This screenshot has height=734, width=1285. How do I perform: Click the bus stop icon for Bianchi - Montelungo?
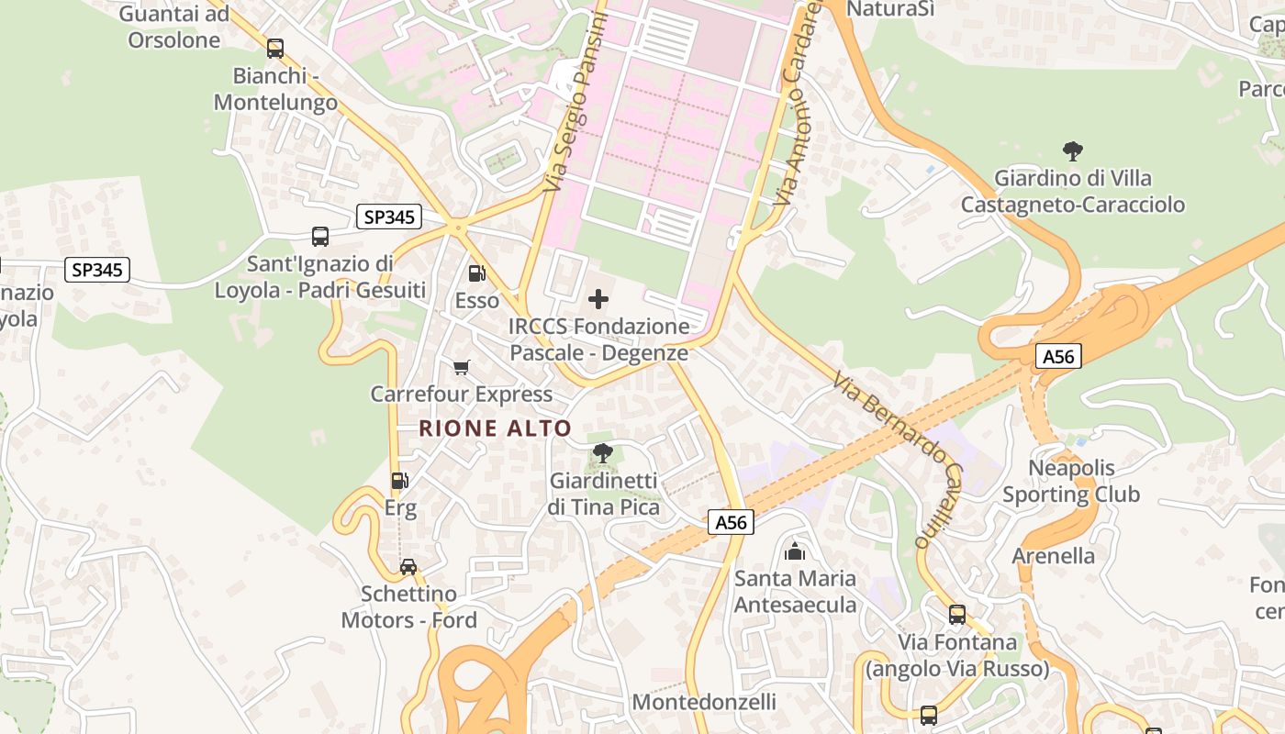[274, 49]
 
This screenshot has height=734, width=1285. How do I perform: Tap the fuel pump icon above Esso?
[476, 272]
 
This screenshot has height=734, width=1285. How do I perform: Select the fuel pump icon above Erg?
[399, 480]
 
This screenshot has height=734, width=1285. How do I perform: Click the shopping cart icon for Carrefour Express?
[461, 367]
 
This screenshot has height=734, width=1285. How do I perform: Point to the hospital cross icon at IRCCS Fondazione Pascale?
[598, 298]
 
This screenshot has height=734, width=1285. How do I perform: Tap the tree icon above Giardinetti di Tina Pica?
[602, 452]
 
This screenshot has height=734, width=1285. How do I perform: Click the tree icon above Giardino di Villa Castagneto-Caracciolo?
[1072, 150]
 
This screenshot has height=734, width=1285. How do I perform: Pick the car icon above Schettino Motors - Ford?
[408, 566]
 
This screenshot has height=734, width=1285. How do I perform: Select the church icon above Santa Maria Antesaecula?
[795, 550]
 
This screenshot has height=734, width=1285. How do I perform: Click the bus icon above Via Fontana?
[957, 614]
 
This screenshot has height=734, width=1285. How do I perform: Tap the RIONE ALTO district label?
[496, 428]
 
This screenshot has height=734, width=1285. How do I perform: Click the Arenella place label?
[1054, 556]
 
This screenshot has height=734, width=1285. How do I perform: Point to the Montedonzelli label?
[704, 702]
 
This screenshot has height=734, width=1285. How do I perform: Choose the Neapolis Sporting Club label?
[1071, 481]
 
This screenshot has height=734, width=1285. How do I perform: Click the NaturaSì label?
[890, 9]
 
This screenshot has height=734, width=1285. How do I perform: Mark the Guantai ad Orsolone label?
[174, 27]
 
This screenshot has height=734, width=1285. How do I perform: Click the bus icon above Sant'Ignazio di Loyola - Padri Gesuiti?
[320, 237]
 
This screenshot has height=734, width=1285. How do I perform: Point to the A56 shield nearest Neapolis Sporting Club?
[1058, 356]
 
